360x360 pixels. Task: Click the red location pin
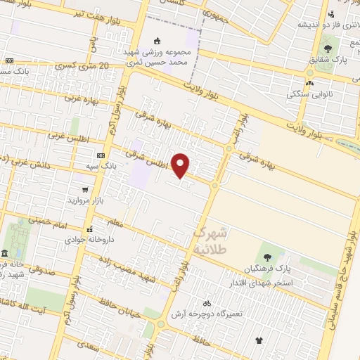pyautogui.click(x=181, y=165)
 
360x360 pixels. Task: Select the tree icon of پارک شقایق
pyautogui.click(x=328, y=49)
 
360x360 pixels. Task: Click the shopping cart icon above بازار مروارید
pyautogui.click(x=85, y=190)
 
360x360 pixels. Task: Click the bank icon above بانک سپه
pyautogui.click(x=101, y=155)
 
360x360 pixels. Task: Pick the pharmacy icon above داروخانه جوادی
pyautogui.click(x=89, y=229)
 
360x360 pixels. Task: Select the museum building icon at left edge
pyautogui.click(x=5, y=252)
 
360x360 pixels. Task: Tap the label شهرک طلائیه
pyautogui.click(x=211, y=240)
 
